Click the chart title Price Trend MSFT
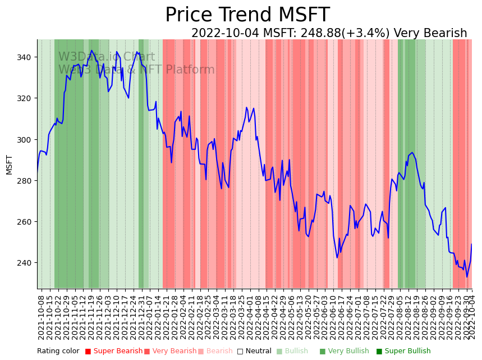pyautogui.click(x=247, y=15)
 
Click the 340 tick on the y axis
pyautogui.click(x=27, y=57)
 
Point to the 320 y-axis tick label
pyautogui.click(x=27, y=98)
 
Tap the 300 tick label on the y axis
pyautogui.click(x=27, y=139)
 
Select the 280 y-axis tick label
pyautogui.click(x=27, y=180)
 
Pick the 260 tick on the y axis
pyautogui.click(x=27, y=221)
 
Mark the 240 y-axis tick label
pyautogui.click(x=27, y=262)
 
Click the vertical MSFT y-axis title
pyautogui.click(x=9, y=164)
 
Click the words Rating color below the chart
pyautogui.click(x=58, y=352)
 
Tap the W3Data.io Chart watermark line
pyautogui.click(x=107, y=57)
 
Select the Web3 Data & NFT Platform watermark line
pyautogui.click(x=136, y=70)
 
